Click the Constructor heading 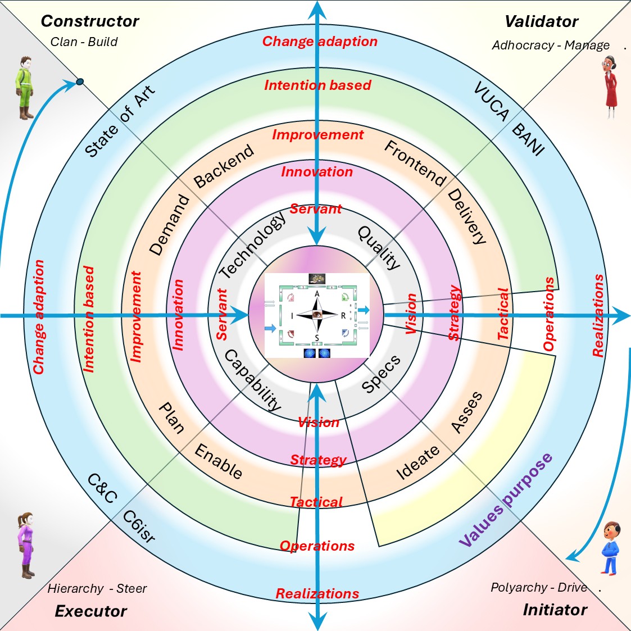90,21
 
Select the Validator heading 541,22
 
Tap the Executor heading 91,611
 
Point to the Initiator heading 555,610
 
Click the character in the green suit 24,87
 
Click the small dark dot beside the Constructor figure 80,82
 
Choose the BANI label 528,139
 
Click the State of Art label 119,122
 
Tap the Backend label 224,166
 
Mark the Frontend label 415,163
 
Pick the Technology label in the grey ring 252,246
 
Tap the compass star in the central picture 317,316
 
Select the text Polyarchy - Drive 538,588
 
